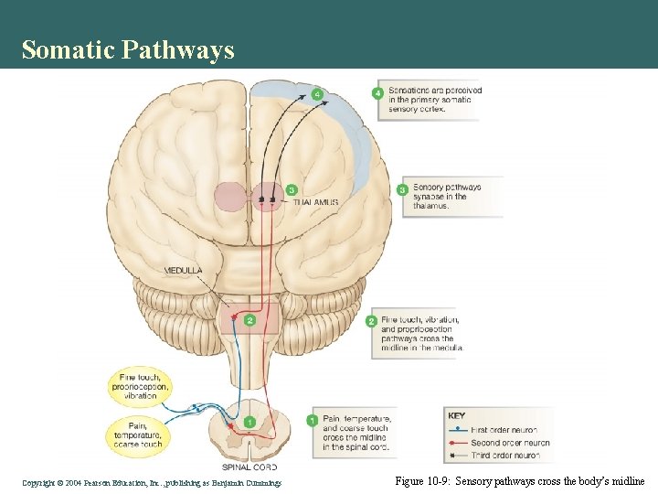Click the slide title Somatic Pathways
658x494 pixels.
tap(128, 49)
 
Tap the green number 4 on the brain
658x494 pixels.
tap(317, 93)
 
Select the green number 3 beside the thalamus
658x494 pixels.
tap(292, 189)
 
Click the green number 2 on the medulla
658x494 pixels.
tap(249, 319)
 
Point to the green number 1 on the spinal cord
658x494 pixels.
tap(249, 422)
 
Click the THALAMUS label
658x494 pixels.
tap(315, 202)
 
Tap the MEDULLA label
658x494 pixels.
tap(183, 271)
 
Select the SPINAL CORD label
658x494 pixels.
tap(249, 467)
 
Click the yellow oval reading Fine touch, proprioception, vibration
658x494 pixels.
tap(141, 385)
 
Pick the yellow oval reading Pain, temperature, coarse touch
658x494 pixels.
tap(140, 435)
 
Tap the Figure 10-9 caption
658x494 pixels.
tap(520, 480)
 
